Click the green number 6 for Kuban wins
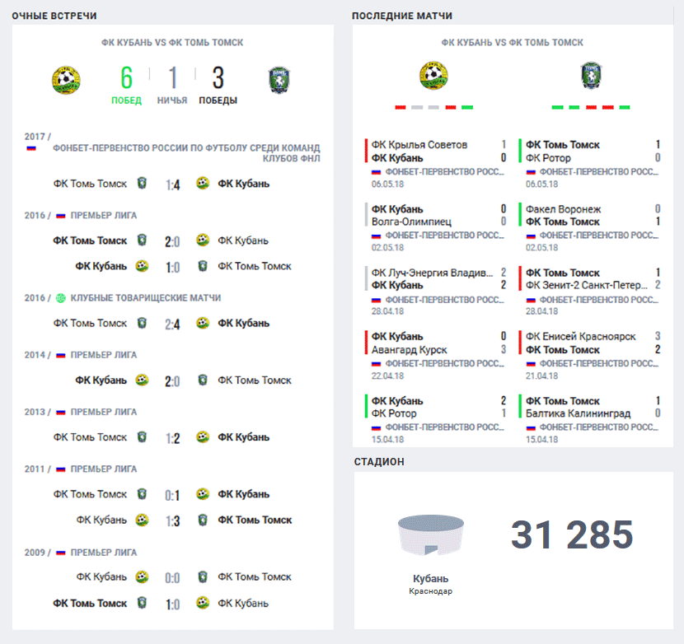pyautogui.click(x=127, y=77)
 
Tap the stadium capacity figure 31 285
pyautogui.click(x=572, y=534)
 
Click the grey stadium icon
pyautogui.click(x=430, y=535)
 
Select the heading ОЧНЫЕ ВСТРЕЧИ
pyautogui.click(x=54, y=16)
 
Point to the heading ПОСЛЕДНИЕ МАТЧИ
pyautogui.click(x=402, y=16)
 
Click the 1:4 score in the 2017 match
pyautogui.click(x=173, y=184)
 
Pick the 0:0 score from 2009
pyautogui.click(x=172, y=578)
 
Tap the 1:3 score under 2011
pyautogui.click(x=173, y=521)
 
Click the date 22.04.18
pyautogui.click(x=388, y=376)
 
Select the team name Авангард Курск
pyautogui.click(x=410, y=350)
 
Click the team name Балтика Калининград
pyautogui.click(x=578, y=413)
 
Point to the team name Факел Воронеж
pyautogui.click(x=563, y=209)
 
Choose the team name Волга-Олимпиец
pyautogui.click(x=411, y=222)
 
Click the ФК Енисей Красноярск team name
pyautogui.click(x=581, y=337)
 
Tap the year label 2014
pyautogui.click(x=35, y=355)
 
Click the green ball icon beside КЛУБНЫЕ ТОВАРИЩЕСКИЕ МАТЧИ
pyautogui.click(x=61, y=298)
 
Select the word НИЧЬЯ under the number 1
pyautogui.click(x=172, y=100)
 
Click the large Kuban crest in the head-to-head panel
pyautogui.click(x=66, y=80)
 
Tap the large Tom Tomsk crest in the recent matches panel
pyautogui.click(x=591, y=76)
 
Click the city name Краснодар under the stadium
pyautogui.click(x=430, y=591)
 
